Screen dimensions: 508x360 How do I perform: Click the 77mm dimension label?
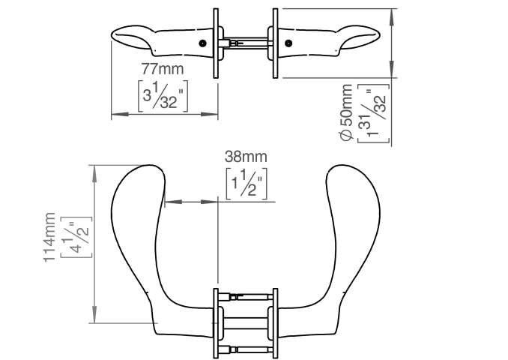coord(163,69)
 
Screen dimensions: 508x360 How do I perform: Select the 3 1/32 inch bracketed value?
coord(163,96)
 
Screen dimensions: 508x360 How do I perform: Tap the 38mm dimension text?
coord(246,157)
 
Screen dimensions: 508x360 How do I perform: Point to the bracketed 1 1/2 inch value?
coord(247,184)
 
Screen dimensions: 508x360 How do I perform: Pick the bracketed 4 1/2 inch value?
coord(76,237)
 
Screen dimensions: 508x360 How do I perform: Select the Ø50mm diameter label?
coord(346,112)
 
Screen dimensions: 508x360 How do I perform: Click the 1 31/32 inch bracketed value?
coord(373,113)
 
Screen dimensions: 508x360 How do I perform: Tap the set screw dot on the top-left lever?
coord(203,43)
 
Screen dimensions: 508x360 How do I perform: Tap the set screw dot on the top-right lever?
coord(288,43)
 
